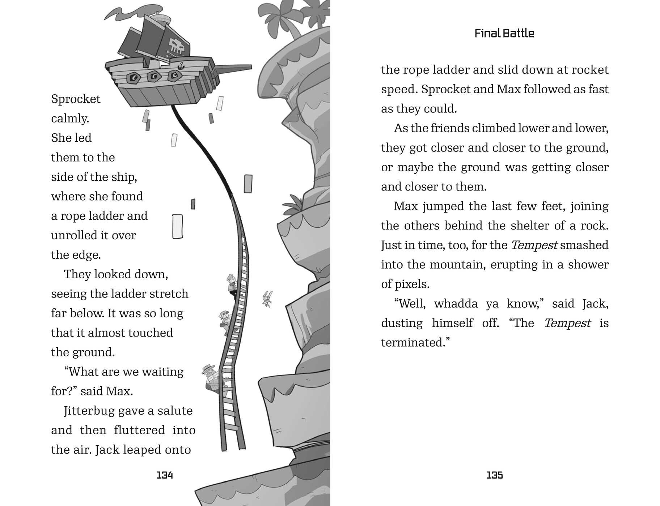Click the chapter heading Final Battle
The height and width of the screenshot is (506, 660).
tap(504, 34)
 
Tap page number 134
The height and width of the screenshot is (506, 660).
tap(165, 475)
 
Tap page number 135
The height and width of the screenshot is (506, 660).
tap(495, 475)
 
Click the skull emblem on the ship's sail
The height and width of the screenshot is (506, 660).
tap(177, 46)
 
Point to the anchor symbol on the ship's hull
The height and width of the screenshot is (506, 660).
tap(181, 66)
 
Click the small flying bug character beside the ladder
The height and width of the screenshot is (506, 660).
tap(267, 299)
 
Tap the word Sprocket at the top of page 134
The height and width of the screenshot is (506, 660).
tap(76, 99)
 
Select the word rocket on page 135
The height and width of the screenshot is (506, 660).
tap(591, 70)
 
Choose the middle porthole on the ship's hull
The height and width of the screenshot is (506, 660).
tap(155, 76)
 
